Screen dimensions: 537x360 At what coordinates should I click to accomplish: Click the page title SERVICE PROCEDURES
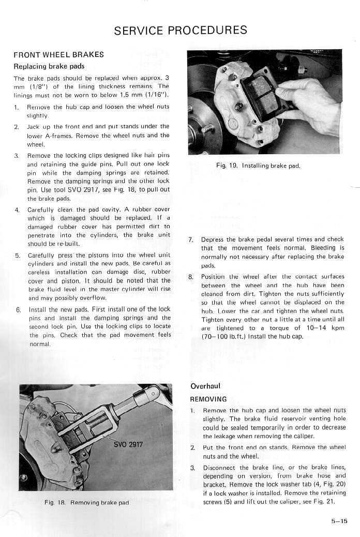click(x=181, y=30)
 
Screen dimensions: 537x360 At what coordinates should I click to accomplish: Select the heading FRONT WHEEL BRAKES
click(x=58, y=54)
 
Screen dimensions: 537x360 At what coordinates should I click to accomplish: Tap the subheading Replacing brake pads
click(x=49, y=66)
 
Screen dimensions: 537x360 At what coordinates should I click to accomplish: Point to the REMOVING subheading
click(x=208, y=399)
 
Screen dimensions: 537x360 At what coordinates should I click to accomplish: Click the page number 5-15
click(x=339, y=521)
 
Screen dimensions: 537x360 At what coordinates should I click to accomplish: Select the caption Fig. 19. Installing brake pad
click(x=258, y=166)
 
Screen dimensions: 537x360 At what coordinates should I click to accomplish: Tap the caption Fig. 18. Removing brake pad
click(x=86, y=502)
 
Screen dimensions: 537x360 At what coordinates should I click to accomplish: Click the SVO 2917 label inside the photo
click(x=128, y=444)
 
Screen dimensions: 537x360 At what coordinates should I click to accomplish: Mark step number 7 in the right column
click(x=190, y=240)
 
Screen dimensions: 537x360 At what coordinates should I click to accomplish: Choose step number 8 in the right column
click(x=190, y=276)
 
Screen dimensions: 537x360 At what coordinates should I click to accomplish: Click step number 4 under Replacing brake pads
click(x=17, y=210)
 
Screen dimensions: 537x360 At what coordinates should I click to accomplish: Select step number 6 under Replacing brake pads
click(x=17, y=309)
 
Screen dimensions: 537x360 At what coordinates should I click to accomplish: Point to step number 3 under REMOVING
click(x=192, y=468)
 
